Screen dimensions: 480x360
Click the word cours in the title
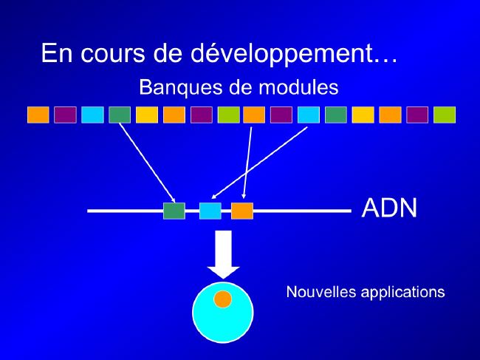pos(113,53)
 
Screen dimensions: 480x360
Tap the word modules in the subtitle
pos(298,86)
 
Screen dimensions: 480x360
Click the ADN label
pos(389,208)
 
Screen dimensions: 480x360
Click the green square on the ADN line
pos(174,211)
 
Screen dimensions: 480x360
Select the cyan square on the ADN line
pos(210,211)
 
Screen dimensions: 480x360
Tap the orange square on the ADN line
pos(242,211)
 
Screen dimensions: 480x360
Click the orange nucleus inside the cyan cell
pos(222,299)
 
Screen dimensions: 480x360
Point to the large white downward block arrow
pos(224,254)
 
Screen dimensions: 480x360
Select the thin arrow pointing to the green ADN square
pos(147,163)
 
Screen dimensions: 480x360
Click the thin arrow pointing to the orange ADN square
pos(247,163)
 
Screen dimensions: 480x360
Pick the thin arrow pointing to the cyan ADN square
pos(259,163)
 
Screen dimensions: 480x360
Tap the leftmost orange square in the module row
pos(38,115)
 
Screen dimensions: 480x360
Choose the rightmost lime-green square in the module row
pos(445,115)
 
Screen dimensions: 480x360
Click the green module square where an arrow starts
pos(120,115)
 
